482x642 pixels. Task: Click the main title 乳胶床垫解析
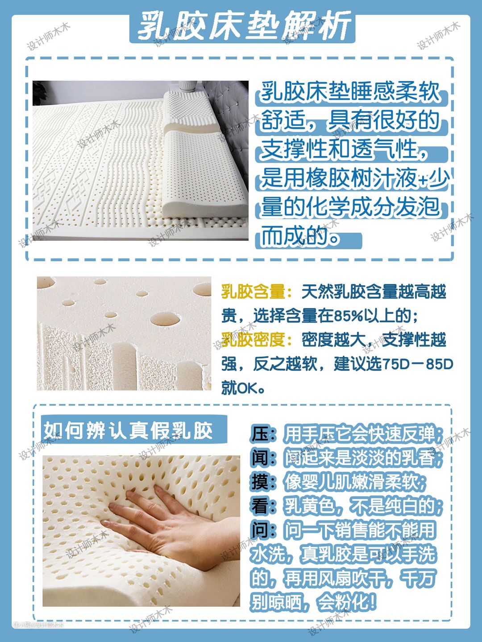[x=243, y=26]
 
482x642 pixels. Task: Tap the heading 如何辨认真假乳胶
[x=128, y=431]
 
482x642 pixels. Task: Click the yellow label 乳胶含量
[x=253, y=292]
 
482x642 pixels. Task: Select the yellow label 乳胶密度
[x=253, y=340]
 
